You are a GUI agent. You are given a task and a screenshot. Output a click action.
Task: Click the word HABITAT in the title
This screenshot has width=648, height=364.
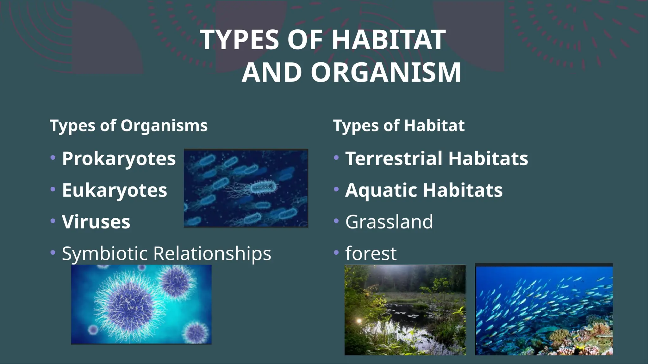click(x=389, y=40)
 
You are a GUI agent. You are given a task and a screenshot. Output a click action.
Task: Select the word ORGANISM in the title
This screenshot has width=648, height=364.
click(x=386, y=73)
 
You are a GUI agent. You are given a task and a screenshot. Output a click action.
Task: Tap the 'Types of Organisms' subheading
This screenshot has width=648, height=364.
click(x=128, y=126)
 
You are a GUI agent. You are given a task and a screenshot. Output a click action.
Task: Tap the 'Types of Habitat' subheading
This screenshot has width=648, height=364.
click(x=399, y=126)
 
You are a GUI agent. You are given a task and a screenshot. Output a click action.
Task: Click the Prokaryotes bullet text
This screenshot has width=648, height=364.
click(x=119, y=158)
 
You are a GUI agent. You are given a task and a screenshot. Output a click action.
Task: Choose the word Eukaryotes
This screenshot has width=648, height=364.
click(x=114, y=190)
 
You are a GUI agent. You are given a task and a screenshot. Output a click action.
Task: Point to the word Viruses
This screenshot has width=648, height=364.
click(x=96, y=222)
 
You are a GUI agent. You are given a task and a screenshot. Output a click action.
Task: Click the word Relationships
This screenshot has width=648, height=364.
click(x=212, y=253)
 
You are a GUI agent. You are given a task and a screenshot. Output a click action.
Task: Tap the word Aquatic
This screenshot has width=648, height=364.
click(x=381, y=190)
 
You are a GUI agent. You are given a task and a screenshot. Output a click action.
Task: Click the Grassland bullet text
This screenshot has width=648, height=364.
click(x=389, y=222)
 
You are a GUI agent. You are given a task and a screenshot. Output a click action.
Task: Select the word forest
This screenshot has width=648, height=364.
click(x=371, y=253)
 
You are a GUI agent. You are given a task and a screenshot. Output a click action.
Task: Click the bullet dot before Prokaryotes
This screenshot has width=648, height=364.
click(x=53, y=157)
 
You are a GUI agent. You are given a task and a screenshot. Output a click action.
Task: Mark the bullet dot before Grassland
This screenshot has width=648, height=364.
click(x=336, y=221)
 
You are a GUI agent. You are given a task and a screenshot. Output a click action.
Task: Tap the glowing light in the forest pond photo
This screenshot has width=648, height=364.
click(x=359, y=321)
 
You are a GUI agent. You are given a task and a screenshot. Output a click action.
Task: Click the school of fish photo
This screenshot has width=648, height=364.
click(x=544, y=310)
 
